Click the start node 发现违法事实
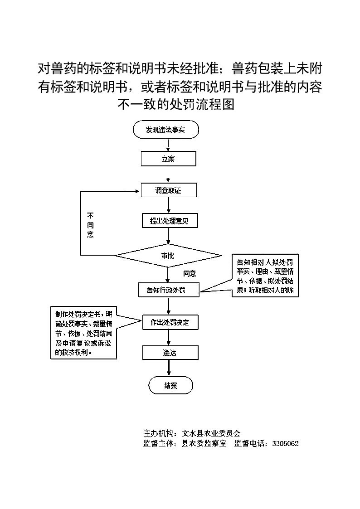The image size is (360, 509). pos(166,130)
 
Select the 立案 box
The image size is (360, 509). pos(169,159)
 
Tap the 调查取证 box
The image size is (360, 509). pos(169,190)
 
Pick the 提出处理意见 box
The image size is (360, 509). pos(170,221)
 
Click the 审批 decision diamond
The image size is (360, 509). pos(168,256)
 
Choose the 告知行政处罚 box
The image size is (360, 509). pos(169,290)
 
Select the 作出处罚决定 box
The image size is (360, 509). pos(170,323)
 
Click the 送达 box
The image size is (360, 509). pos(170,353)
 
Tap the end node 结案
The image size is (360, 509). pos(171,386)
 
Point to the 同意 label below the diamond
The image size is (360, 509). pos(190,273)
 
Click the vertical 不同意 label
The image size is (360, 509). pos(90,225)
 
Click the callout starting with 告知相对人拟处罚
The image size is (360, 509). pos(265,276)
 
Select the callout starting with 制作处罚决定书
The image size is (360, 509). pos(83,333)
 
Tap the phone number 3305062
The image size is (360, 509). pos(285,443)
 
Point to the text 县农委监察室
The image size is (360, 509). pos(204,443)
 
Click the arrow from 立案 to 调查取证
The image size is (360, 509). pos(168,175)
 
